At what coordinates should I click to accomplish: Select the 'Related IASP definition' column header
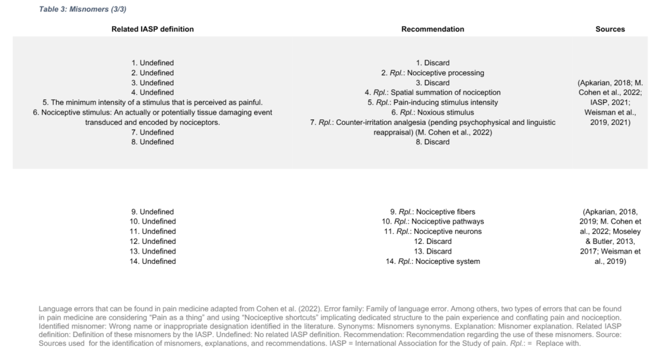coord(152,29)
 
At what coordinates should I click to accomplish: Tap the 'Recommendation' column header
coord(432,29)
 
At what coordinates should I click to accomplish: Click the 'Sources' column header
coord(610,29)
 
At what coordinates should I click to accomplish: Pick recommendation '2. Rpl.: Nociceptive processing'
coord(432,73)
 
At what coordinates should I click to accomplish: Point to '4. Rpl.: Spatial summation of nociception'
coord(432,93)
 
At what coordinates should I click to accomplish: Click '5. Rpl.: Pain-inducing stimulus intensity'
coord(432,102)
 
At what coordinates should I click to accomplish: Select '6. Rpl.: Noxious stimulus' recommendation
coord(432,112)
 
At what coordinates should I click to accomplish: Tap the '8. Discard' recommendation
coord(432,142)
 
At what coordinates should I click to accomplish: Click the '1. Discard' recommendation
coord(432,63)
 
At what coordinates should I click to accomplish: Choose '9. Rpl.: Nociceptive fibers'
coord(432,211)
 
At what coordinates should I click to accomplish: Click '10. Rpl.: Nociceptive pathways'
coord(432,222)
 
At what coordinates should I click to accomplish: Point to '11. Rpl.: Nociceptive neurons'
coord(432,231)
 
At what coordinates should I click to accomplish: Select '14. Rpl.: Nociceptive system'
coord(432,261)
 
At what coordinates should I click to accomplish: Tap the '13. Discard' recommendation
coord(432,251)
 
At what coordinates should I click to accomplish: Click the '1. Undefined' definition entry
coord(152,63)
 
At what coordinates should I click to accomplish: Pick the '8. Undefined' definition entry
coord(152,142)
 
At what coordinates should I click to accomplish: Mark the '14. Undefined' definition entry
coord(152,261)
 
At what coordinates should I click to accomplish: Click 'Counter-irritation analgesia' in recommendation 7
coord(378,122)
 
